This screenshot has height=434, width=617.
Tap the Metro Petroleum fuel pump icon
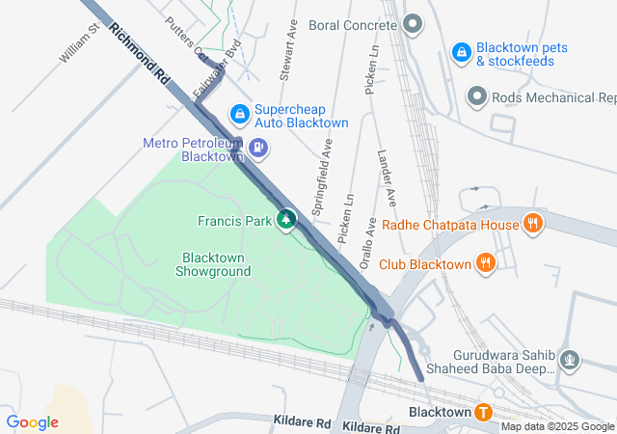[258, 149]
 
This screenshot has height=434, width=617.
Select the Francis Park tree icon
[285, 221]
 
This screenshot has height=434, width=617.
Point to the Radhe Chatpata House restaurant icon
[531, 225]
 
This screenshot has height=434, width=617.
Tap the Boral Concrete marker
[413, 23]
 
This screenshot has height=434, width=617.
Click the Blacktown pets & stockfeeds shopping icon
[461, 49]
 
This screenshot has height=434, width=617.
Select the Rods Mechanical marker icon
[476, 97]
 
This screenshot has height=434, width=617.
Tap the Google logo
[32, 422]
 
